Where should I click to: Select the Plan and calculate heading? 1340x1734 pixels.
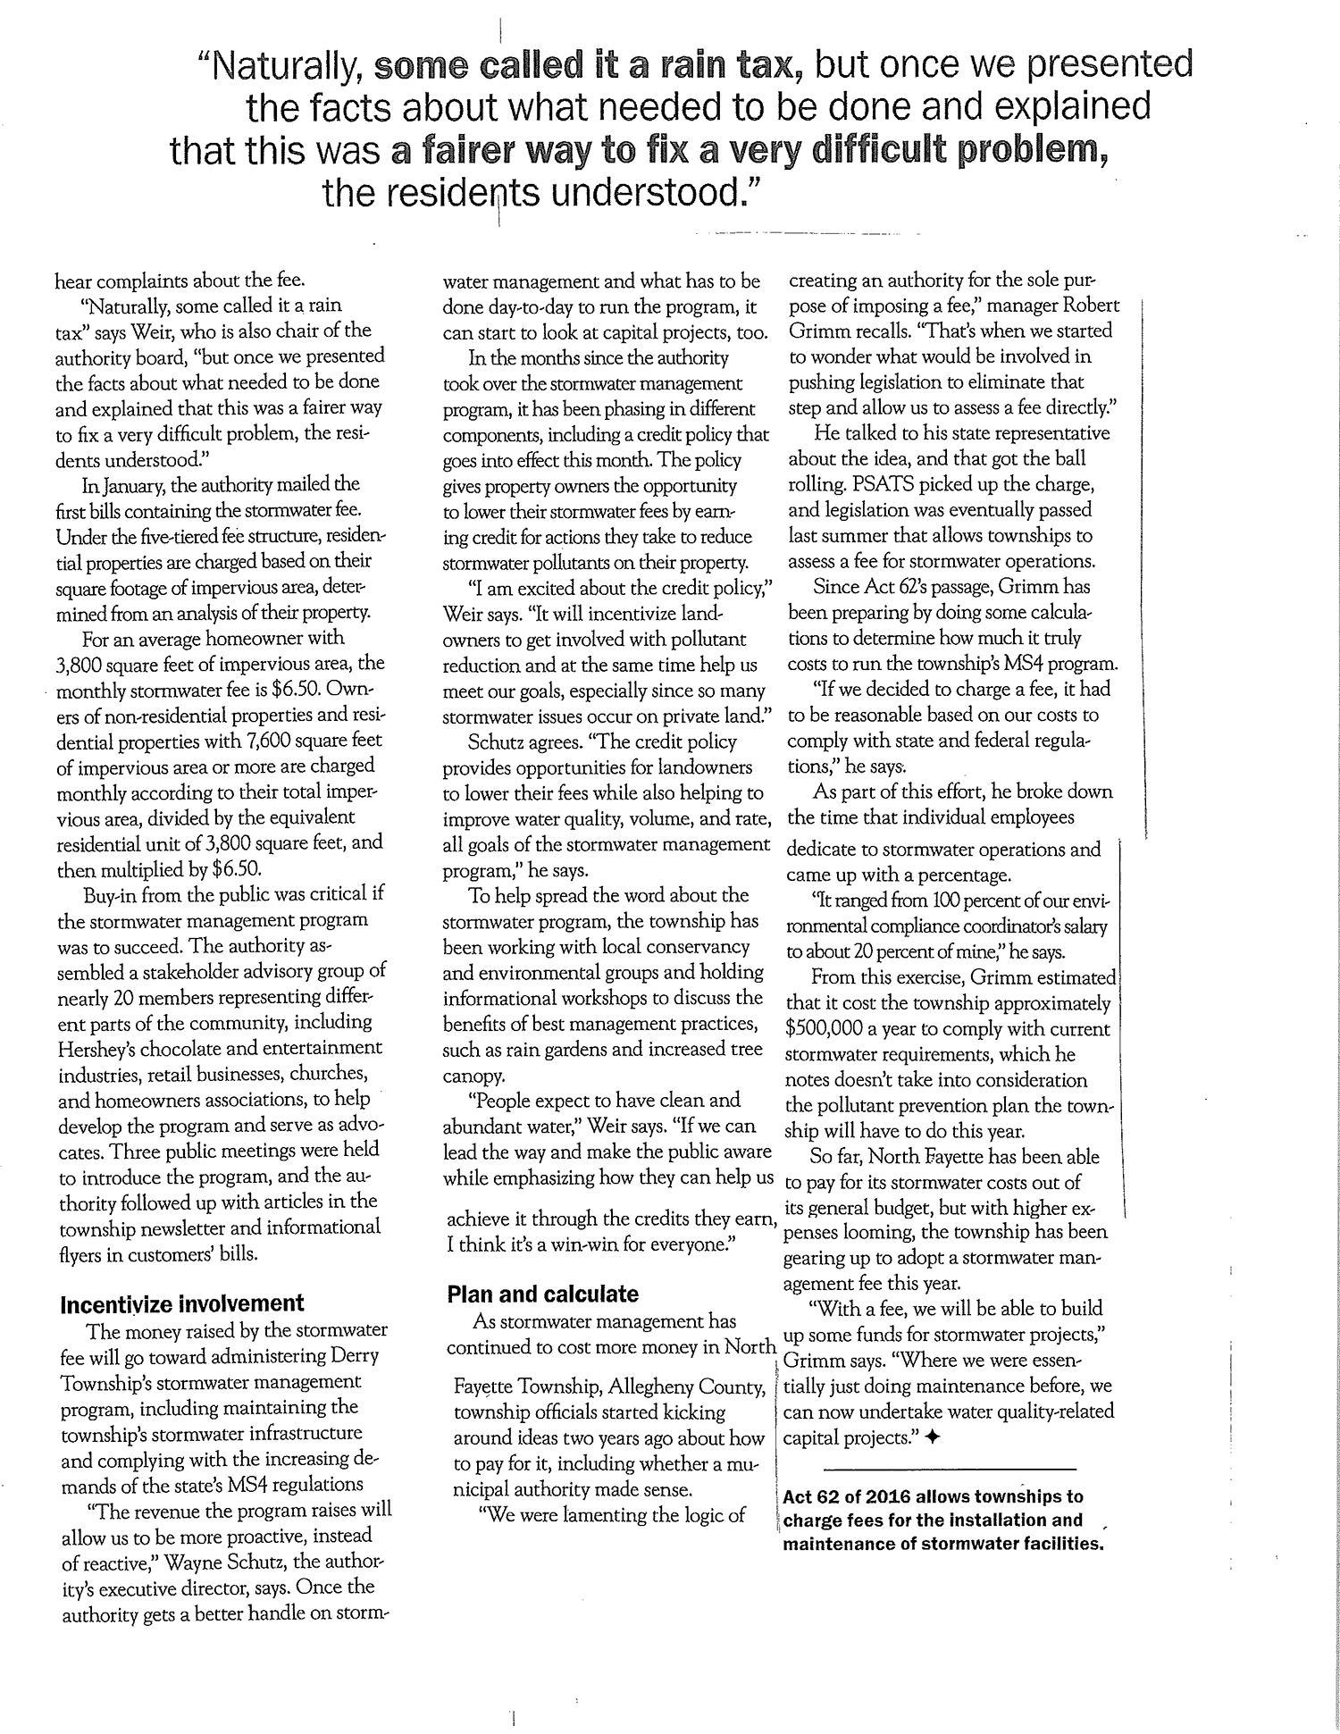tap(542, 1294)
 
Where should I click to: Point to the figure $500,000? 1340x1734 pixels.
tap(829, 1029)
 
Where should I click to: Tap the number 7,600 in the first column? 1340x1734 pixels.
tap(271, 741)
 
